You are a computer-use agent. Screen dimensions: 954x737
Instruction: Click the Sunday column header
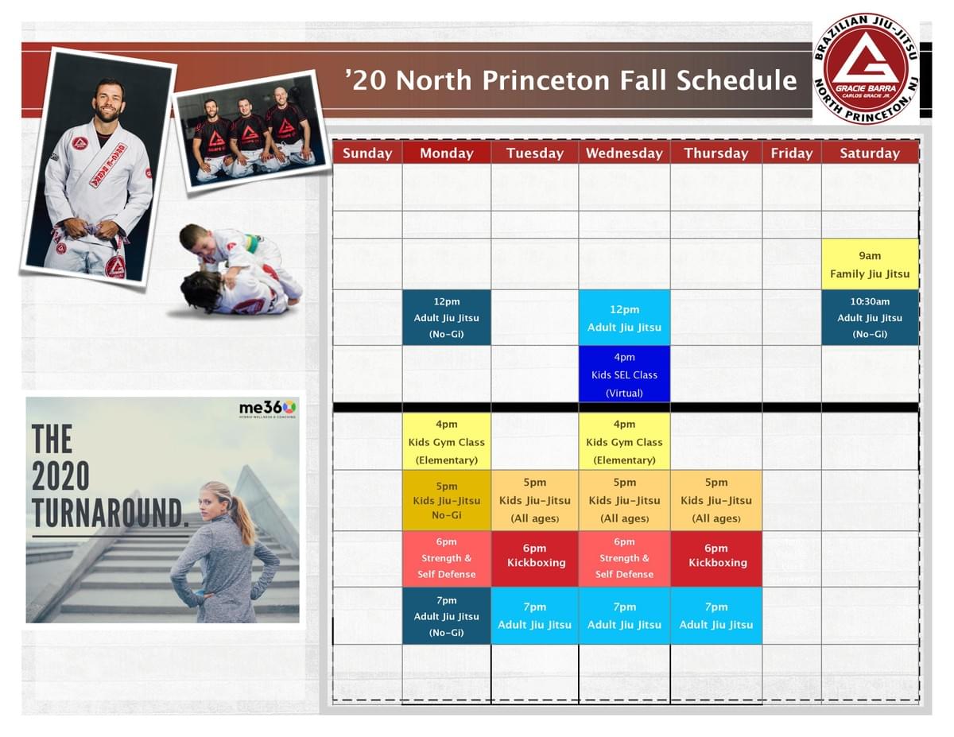367,153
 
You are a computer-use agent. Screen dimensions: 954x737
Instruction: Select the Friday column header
792,153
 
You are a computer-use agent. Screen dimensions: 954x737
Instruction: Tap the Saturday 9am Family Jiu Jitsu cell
870,264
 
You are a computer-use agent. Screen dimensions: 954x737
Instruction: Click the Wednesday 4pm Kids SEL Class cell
624,374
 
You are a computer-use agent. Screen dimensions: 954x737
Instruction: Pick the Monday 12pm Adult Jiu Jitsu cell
447,317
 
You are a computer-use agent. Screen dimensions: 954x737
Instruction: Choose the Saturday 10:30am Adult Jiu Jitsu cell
870,317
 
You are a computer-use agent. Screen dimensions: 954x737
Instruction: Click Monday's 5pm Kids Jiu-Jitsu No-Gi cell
447,500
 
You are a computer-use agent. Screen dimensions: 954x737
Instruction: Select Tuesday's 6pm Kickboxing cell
535,559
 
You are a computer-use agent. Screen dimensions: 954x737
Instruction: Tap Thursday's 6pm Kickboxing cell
716,559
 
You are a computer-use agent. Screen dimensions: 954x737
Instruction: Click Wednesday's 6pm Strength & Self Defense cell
624,559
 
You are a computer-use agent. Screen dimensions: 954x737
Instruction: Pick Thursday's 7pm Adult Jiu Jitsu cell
716,616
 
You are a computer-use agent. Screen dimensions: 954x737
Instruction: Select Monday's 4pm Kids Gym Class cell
447,441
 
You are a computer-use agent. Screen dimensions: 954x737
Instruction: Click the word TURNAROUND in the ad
111,513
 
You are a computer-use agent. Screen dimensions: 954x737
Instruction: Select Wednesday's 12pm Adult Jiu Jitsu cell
624,317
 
